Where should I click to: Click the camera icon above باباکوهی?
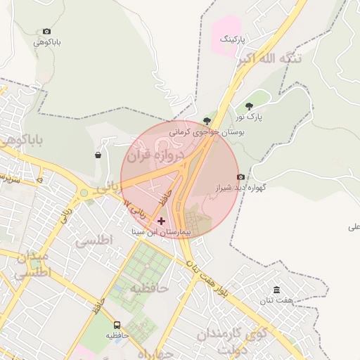pyautogui.click(x=47, y=32)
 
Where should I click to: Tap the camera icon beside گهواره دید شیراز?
pyautogui.click(x=241, y=176)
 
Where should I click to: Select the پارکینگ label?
pyautogui.click(x=234, y=39)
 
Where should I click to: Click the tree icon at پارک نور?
pyautogui.click(x=249, y=106)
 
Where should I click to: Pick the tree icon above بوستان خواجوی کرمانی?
pyautogui.click(x=207, y=121)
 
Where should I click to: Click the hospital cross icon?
pyautogui.click(x=161, y=221)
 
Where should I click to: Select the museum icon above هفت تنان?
pyautogui.click(x=276, y=290)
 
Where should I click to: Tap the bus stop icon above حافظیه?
pyautogui.click(x=117, y=325)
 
